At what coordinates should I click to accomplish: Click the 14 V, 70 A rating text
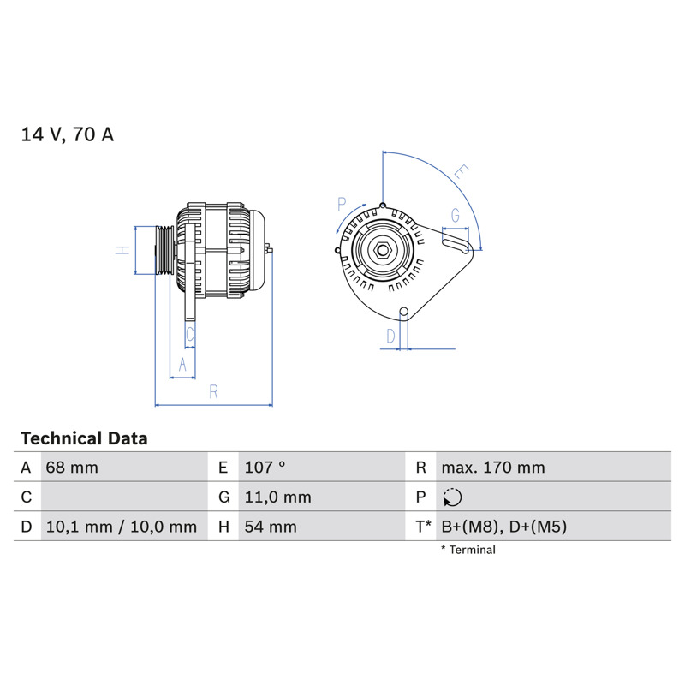[x=68, y=134]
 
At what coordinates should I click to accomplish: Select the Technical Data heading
[x=84, y=438]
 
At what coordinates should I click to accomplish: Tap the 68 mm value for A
[x=72, y=468]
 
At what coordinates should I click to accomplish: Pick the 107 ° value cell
[x=265, y=468]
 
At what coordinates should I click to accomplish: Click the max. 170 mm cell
[x=493, y=468]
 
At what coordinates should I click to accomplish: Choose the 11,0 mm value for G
[x=277, y=497]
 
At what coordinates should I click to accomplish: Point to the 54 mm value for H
[x=271, y=527]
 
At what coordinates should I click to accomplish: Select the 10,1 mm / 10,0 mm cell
[x=122, y=527]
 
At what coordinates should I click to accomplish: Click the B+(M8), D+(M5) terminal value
[x=504, y=527]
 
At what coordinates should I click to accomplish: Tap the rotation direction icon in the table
[x=452, y=497]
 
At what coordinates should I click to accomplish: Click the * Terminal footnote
[x=468, y=550]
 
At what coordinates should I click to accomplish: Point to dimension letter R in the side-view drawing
[x=213, y=392]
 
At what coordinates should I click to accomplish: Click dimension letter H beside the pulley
[x=122, y=250]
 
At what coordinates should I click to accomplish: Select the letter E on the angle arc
[x=462, y=172]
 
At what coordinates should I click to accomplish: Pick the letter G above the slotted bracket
[x=456, y=216]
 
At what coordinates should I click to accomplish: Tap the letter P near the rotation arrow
[x=342, y=204]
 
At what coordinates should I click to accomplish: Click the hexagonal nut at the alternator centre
[x=383, y=250]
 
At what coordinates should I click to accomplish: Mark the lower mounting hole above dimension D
[x=404, y=312]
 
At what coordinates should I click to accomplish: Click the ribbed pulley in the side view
[x=164, y=250]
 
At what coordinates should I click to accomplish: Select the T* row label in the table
[x=423, y=527]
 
